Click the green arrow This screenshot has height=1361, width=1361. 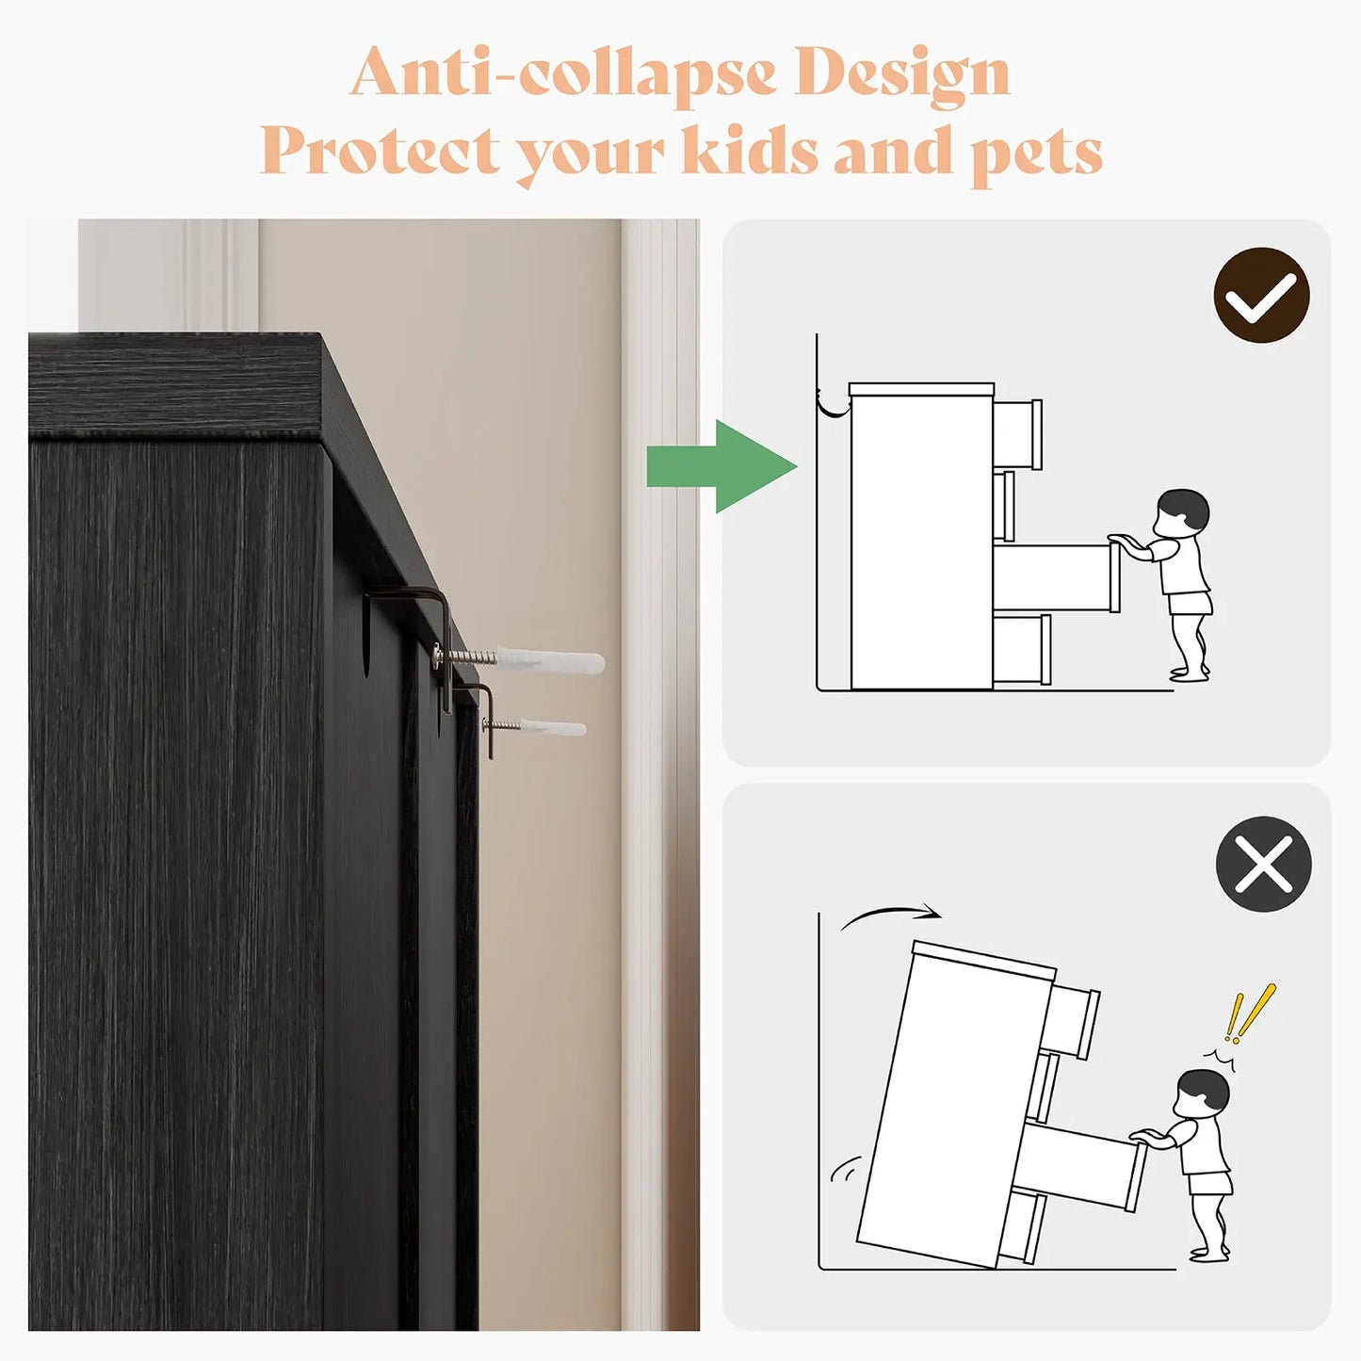721,466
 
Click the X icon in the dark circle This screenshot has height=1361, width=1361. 1264,863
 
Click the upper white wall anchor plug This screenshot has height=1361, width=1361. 551,660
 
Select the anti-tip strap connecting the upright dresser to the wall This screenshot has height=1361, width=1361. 834,402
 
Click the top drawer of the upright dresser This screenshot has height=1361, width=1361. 1018,435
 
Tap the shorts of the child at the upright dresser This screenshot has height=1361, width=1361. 1191,605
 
